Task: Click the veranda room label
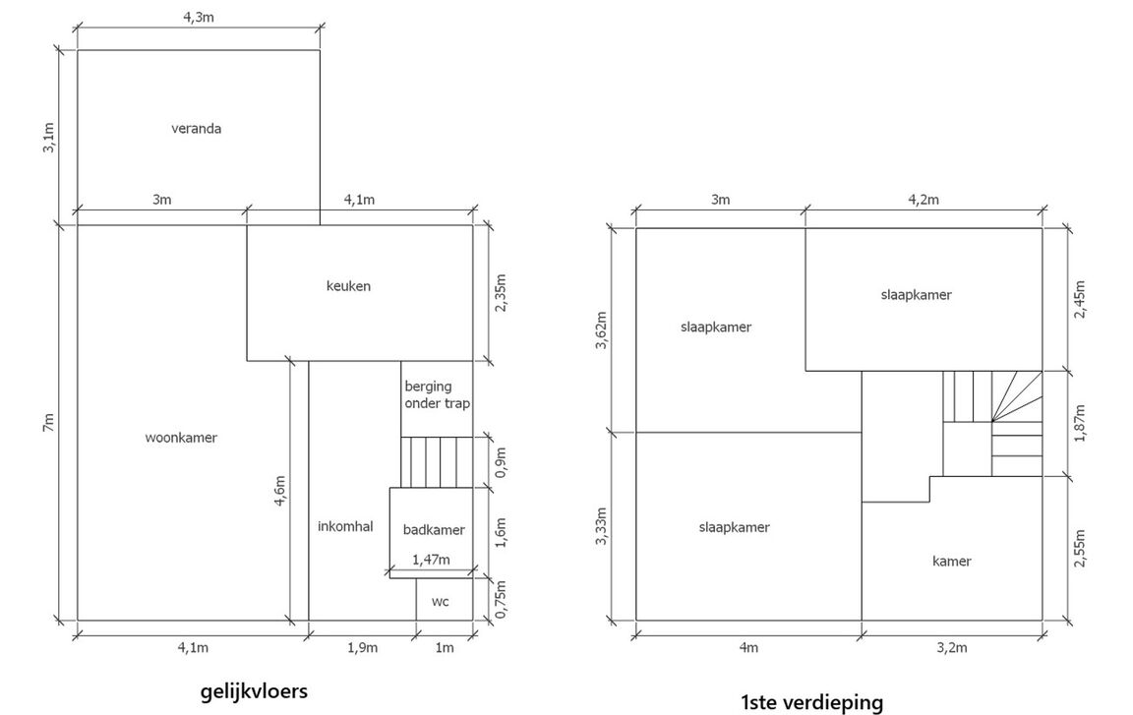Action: pyautogui.click(x=196, y=128)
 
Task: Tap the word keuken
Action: pyautogui.click(x=348, y=286)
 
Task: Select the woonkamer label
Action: pyautogui.click(x=181, y=438)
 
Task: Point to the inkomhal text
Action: pyautogui.click(x=345, y=526)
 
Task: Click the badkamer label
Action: pyautogui.click(x=434, y=530)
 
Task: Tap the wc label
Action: pyautogui.click(x=440, y=601)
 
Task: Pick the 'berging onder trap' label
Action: pyautogui.click(x=437, y=395)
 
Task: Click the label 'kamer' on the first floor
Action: pyautogui.click(x=951, y=562)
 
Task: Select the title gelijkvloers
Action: pyautogui.click(x=254, y=691)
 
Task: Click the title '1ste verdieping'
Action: pyautogui.click(x=811, y=702)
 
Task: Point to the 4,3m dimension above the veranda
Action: pyautogui.click(x=198, y=18)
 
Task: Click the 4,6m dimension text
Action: pyautogui.click(x=279, y=491)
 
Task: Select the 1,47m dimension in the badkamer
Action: pyautogui.click(x=430, y=560)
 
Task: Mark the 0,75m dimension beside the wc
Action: pyautogui.click(x=501, y=599)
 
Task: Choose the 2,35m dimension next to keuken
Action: pyautogui.click(x=501, y=292)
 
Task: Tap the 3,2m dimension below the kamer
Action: pyautogui.click(x=951, y=647)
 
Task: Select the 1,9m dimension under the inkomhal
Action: pyautogui.click(x=362, y=647)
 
